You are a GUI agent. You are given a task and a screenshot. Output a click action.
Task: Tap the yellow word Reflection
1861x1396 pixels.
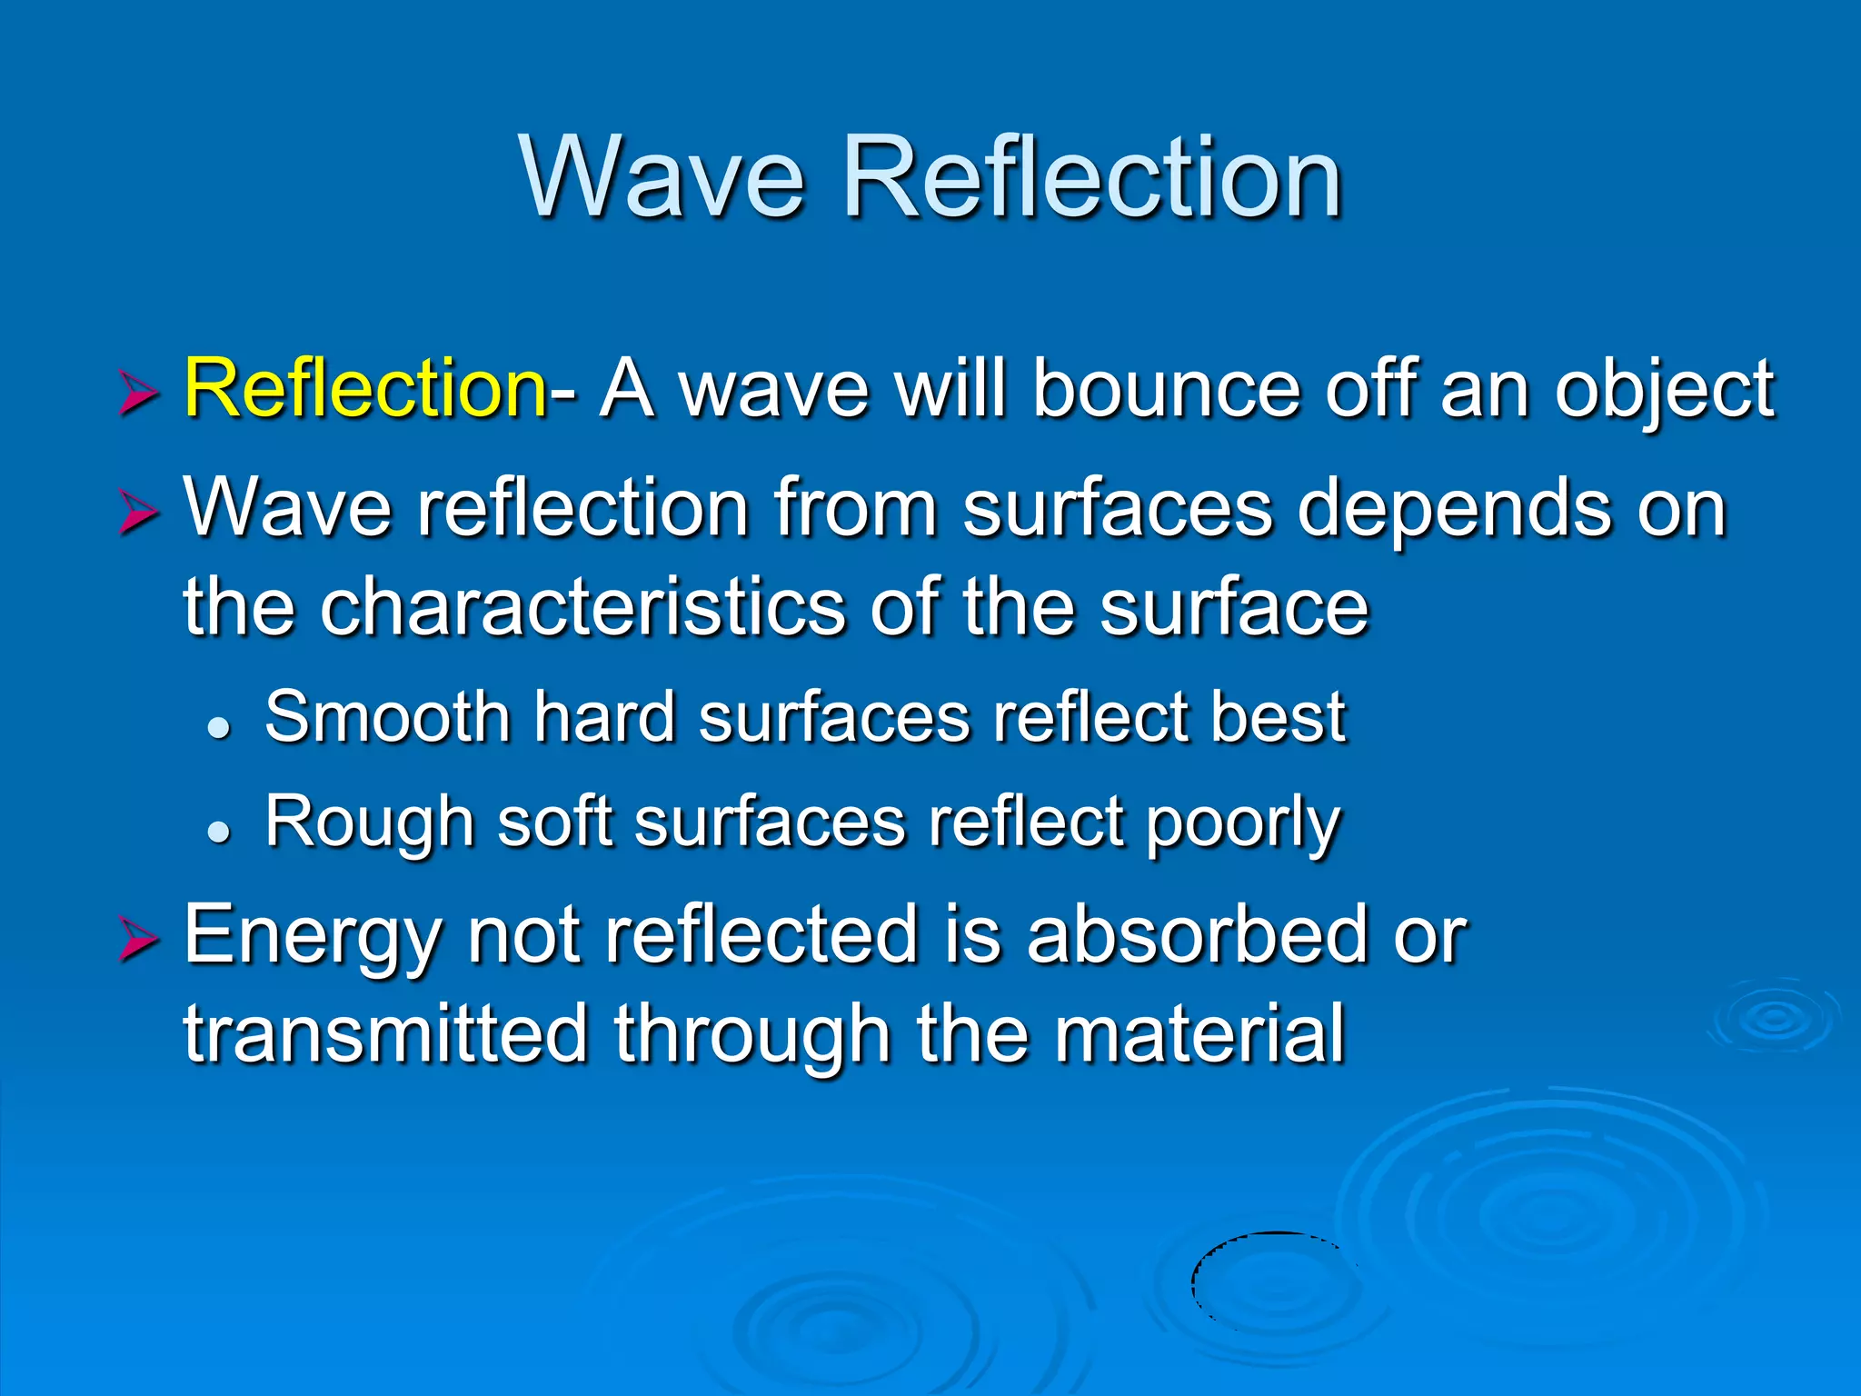pos(364,389)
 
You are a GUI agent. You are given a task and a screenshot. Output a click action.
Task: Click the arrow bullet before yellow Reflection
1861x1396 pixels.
pos(138,395)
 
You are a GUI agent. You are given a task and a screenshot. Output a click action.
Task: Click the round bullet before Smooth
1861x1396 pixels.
pos(219,726)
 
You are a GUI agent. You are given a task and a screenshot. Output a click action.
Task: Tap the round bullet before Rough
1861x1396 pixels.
pos(219,830)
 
